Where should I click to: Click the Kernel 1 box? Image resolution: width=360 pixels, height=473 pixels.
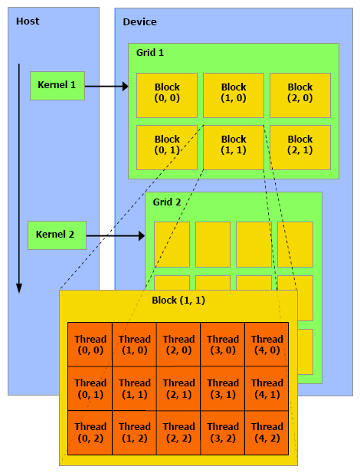pos(57,86)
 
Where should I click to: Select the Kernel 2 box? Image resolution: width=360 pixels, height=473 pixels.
pos(57,235)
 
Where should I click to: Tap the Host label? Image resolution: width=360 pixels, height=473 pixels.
pos(28,21)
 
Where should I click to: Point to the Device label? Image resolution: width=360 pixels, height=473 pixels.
pos(139,22)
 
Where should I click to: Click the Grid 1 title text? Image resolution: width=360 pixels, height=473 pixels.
pos(150,53)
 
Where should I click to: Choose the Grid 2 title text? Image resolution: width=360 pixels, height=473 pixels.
pos(167,202)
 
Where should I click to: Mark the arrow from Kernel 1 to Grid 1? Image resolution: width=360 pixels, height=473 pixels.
pos(106,87)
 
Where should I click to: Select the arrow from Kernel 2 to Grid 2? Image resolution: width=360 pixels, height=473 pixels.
pos(116,235)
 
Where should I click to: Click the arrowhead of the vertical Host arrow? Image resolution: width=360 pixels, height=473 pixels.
pos(19,288)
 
